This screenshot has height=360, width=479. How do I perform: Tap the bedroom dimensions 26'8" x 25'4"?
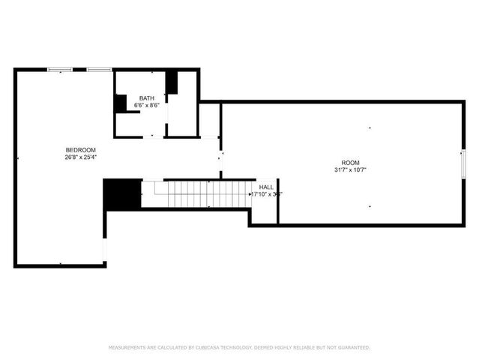point(81,157)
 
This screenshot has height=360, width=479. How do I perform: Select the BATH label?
point(146,99)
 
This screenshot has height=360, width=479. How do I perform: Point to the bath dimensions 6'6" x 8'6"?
point(146,106)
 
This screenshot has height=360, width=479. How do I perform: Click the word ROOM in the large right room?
point(350,163)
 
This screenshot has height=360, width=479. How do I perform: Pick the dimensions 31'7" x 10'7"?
point(350,169)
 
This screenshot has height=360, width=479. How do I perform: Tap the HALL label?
point(266,187)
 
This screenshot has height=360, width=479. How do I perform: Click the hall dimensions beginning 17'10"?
point(266,193)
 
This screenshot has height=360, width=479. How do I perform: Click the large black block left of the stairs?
point(122,194)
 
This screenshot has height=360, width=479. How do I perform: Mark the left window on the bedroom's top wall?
point(60,70)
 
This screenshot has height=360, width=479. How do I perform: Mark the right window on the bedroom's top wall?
point(98,70)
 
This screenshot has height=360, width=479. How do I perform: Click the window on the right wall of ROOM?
point(463,163)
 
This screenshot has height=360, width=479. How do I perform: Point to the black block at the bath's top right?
point(172,82)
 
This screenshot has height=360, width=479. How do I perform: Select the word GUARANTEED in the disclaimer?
point(352,347)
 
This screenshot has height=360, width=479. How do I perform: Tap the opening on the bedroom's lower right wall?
point(105,248)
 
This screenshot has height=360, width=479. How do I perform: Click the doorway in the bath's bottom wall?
point(153,136)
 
